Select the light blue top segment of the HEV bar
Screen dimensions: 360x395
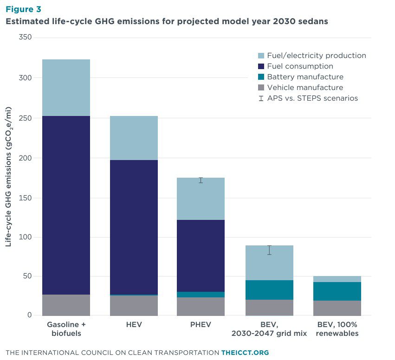pyautogui.click(x=134, y=138)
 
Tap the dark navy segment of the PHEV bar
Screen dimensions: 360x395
pyautogui.click(x=201, y=256)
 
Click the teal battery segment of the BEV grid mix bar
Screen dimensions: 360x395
pyautogui.click(x=269, y=290)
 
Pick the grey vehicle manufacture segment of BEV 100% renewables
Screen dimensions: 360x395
pyautogui.click(x=337, y=308)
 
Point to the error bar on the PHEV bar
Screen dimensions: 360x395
pyautogui.click(x=201, y=180)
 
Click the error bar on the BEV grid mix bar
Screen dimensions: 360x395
pyautogui.click(x=269, y=250)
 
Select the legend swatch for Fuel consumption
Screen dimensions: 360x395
pyautogui.click(x=260, y=66)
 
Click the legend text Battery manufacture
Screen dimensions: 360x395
pyautogui.click(x=305, y=77)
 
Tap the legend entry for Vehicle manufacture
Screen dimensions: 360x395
pyautogui.click(x=305, y=88)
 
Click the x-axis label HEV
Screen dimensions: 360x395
pyautogui.click(x=134, y=325)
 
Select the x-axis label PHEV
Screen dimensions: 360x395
pyautogui.click(x=201, y=325)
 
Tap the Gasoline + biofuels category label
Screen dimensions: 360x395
pyautogui.click(x=66, y=329)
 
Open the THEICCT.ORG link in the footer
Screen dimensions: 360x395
pyautogui.click(x=245, y=353)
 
